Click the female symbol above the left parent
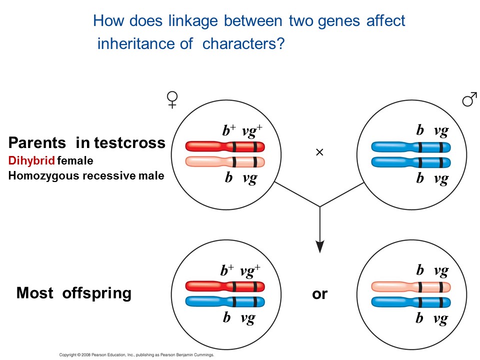click(x=172, y=100)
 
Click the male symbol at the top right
click(x=469, y=100)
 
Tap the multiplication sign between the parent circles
click(x=320, y=152)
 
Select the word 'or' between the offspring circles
click(x=319, y=294)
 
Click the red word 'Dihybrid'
click(x=31, y=161)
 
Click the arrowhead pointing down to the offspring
click(x=320, y=246)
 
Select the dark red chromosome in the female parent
click(x=224, y=146)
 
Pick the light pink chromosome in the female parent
click(x=224, y=161)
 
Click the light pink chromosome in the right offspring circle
click(x=411, y=287)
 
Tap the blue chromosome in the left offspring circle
click(x=224, y=301)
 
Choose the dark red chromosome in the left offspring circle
click(x=224, y=286)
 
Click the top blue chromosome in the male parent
click(x=411, y=147)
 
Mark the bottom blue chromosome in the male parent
click(x=411, y=162)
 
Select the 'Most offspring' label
click(x=74, y=293)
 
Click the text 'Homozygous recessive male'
click(x=86, y=175)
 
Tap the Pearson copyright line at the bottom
click(x=136, y=354)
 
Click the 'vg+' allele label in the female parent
click(x=252, y=131)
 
